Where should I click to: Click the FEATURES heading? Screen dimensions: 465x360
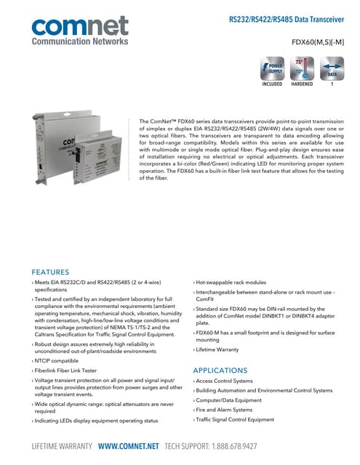pyautogui.click(x=50, y=272)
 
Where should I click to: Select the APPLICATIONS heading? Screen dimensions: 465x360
pyautogui.click(x=220, y=370)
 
